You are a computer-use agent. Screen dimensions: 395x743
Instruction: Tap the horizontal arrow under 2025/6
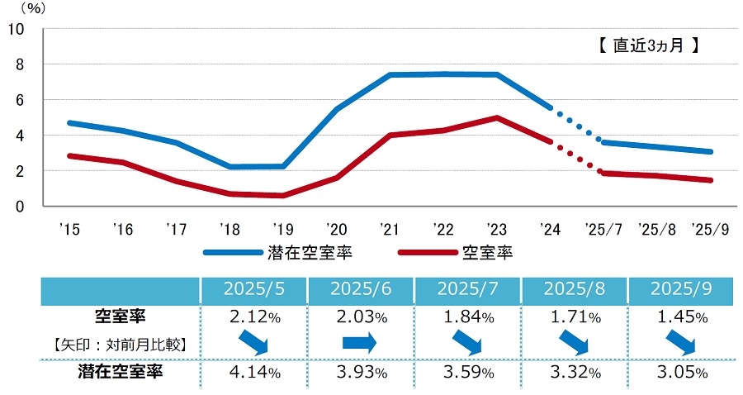coord(359,342)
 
